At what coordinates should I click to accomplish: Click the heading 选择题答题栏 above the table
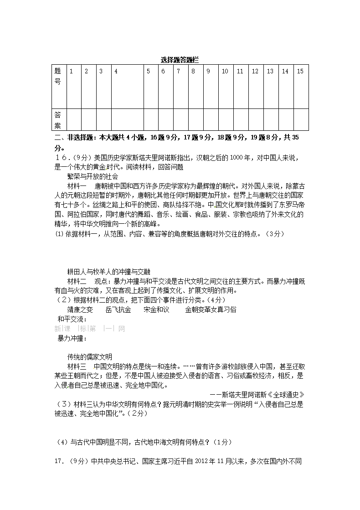pyautogui.click(x=180, y=60)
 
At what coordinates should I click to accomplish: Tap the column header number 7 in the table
pyautogui.click(x=178, y=71)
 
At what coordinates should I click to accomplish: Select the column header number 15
pyautogui.click(x=300, y=71)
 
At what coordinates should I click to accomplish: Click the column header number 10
pyautogui.click(x=225, y=71)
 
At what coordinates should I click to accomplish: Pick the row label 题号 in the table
pyautogui.click(x=58, y=77)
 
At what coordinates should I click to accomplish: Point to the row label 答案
pyautogui.click(x=58, y=119)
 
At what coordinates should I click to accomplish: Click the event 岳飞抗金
pyautogui.click(x=118, y=309)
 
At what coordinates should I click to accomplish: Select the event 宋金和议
pyautogui.click(x=156, y=309)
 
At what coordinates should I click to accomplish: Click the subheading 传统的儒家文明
pyautogui.click(x=89, y=357)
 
